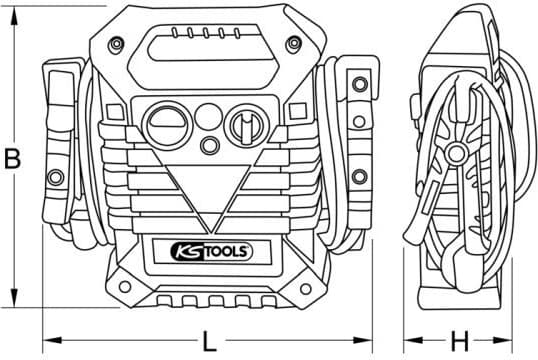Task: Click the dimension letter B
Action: tap(12, 159)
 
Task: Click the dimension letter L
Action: tap(210, 341)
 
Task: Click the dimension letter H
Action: tap(459, 341)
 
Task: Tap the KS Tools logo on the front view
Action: tap(212, 252)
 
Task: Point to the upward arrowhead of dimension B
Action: tap(14, 16)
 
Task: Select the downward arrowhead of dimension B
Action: tap(14, 298)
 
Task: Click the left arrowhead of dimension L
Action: tap(52, 340)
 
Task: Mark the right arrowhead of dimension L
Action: tap(363, 340)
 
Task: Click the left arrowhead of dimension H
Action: tap(413, 340)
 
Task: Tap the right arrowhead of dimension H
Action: tap(503, 340)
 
